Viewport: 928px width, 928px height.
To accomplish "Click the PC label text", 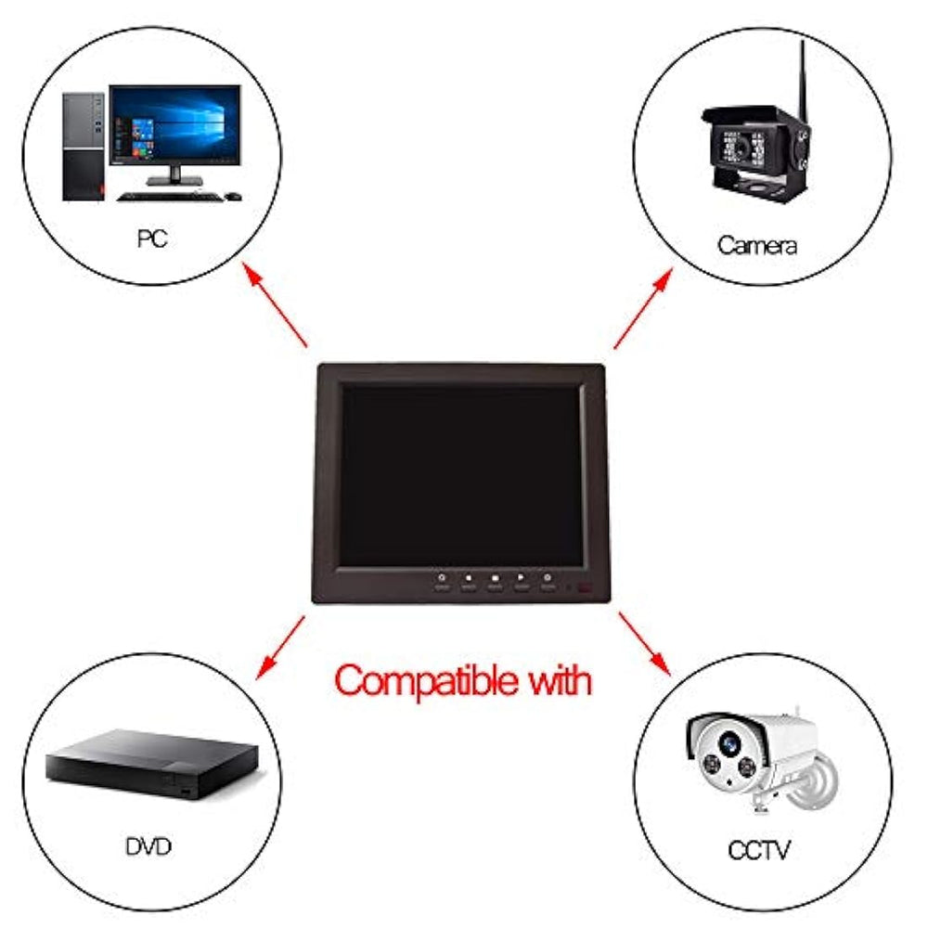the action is click(x=152, y=238).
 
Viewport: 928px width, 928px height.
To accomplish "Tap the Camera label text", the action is click(x=757, y=245).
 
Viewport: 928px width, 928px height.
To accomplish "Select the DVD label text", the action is click(x=148, y=846).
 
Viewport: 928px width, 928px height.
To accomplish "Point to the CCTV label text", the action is click(x=759, y=850).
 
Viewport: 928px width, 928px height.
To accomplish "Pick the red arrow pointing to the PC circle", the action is click(x=276, y=304).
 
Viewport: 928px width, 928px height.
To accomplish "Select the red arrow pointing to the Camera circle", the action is click(x=643, y=308).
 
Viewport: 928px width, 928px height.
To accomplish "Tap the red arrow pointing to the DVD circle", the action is click(x=280, y=648).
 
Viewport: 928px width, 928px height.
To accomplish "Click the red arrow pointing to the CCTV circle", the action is click(x=645, y=644).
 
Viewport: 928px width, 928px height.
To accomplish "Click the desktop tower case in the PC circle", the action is click(x=84, y=147).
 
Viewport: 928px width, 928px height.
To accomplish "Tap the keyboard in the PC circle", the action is click(x=169, y=197).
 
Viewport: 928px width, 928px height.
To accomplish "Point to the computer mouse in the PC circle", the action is click(x=233, y=196).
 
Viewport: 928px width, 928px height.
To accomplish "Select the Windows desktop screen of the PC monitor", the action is click(x=175, y=125).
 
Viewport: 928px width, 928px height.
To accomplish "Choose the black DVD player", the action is click(x=153, y=764).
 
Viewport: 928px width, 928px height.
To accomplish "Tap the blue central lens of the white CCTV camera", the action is click(x=728, y=742).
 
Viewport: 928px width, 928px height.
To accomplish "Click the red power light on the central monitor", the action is click(x=585, y=588).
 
